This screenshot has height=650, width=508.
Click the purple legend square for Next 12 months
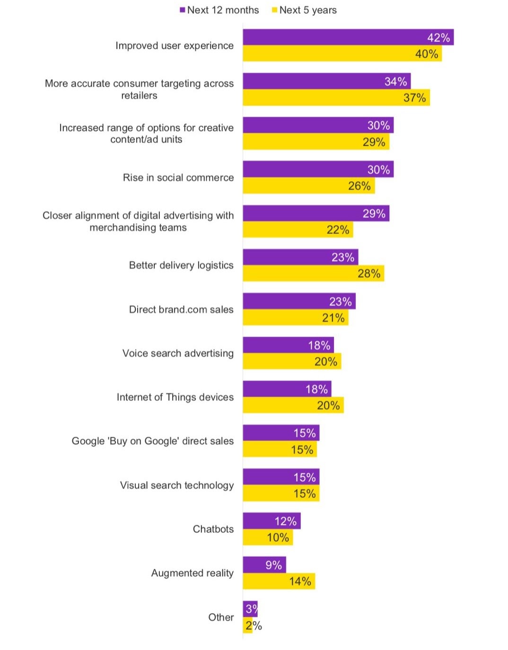pyautogui.click(x=183, y=10)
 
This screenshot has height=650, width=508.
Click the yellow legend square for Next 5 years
pyautogui.click(x=274, y=10)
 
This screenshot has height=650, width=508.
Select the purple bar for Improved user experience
pyautogui.click(x=348, y=37)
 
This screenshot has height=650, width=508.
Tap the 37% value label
pyautogui.click(x=414, y=98)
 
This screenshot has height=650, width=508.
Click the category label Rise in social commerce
pyautogui.click(x=178, y=177)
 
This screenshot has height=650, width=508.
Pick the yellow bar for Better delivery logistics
pyautogui.click(x=313, y=273)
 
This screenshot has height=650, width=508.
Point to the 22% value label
pyautogui.click(x=338, y=230)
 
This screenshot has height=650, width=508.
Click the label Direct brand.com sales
pyautogui.click(x=181, y=309)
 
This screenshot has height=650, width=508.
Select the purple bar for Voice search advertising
pyautogui.click(x=288, y=345)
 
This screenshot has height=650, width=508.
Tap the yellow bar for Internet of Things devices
pyautogui.click(x=293, y=405)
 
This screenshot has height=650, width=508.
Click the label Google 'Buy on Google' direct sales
pyautogui.click(x=152, y=441)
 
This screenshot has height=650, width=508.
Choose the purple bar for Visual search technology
pyautogui.click(x=281, y=477)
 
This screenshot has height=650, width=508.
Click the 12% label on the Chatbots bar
pyautogui.click(x=285, y=521)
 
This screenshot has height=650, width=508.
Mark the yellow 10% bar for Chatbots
pyautogui.click(x=268, y=537)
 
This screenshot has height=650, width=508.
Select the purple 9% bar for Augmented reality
pyautogui.click(x=264, y=565)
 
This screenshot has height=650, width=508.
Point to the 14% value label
pyautogui.click(x=300, y=581)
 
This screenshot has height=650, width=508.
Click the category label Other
pyautogui.click(x=221, y=617)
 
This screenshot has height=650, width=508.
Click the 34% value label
pyautogui.click(x=395, y=82)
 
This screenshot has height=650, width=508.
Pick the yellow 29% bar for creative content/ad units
pyautogui.click(x=315, y=142)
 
